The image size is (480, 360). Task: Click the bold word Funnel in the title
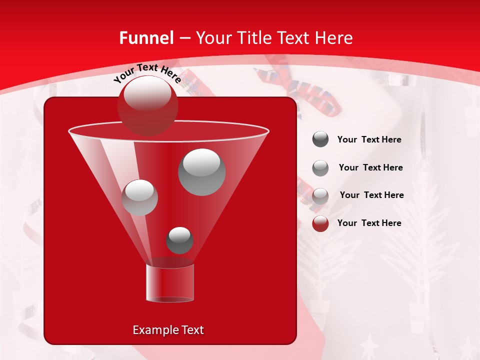click(x=146, y=38)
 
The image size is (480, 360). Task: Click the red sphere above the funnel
click(x=147, y=105)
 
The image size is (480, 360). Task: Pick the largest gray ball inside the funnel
click(x=201, y=172)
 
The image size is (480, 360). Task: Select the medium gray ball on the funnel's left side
click(x=139, y=197)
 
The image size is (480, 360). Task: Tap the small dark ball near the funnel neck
click(x=179, y=240)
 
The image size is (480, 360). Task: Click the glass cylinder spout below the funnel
click(x=169, y=282)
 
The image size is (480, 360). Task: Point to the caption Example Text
click(x=168, y=330)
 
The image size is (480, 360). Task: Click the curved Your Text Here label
click(x=147, y=72)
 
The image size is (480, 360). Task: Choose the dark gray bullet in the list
click(x=320, y=139)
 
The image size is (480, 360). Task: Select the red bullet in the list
click(x=320, y=223)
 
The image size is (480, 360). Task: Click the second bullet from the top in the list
click(x=320, y=168)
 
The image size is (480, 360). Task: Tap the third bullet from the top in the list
click(x=320, y=195)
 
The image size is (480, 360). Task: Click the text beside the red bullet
click(x=369, y=223)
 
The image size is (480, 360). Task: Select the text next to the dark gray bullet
click(x=369, y=139)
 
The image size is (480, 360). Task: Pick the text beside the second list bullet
click(x=370, y=167)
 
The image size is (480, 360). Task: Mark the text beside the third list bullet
click(x=371, y=195)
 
